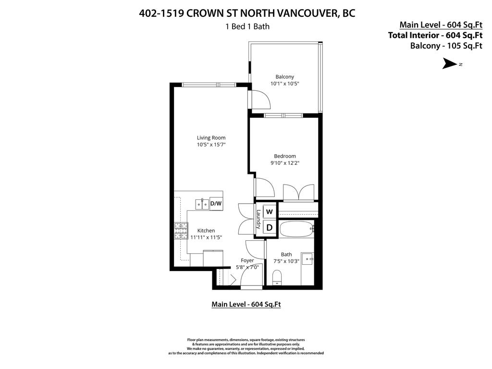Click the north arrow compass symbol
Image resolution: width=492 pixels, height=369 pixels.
[x=450, y=64]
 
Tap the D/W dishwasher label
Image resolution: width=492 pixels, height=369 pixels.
[x=216, y=204]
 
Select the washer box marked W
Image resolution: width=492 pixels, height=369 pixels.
[x=270, y=212]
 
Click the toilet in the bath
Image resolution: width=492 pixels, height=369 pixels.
[x=277, y=278]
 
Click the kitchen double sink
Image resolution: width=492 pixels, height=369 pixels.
[x=202, y=204]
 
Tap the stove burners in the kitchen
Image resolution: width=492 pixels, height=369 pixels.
[x=181, y=231]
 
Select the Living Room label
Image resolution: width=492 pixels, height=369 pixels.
[x=211, y=138]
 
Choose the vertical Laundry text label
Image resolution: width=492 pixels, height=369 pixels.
[x=258, y=220]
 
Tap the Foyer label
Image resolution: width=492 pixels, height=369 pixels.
[x=247, y=260]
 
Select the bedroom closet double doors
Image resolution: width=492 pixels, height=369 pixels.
[x=298, y=192]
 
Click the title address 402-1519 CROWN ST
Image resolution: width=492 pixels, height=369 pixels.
[x=247, y=13]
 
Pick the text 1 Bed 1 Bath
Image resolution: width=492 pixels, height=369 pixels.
[x=247, y=26]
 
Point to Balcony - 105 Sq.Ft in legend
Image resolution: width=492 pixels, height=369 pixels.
[x=446, y=46]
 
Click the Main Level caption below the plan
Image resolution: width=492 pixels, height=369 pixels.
[x=246, y=304]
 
